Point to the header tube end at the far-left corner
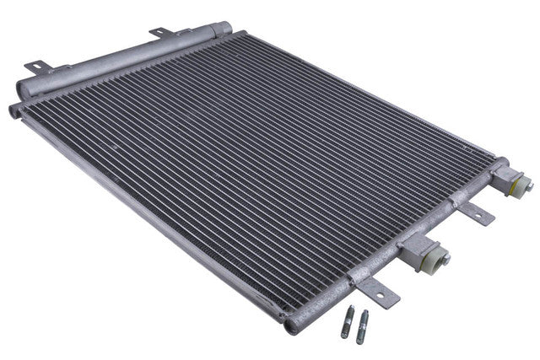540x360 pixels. [14, 110]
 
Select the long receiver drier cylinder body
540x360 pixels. [118, 59]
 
